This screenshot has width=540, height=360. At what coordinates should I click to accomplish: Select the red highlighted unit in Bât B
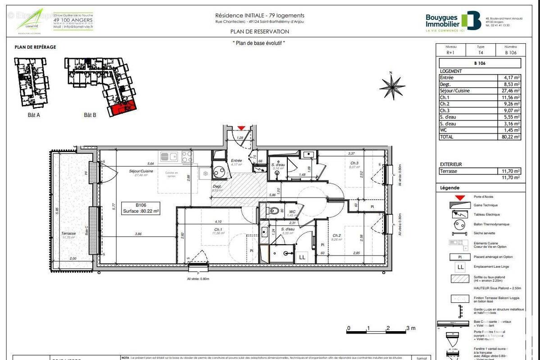tap(121, 108)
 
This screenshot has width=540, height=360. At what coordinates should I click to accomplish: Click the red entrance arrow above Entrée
tap(241, 128)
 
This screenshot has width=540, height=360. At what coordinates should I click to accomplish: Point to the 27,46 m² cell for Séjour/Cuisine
tap(509, 90)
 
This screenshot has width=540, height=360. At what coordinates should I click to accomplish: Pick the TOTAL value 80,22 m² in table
tap(509, 137)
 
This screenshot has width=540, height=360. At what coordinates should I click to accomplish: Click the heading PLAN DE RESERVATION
tap(259, 31)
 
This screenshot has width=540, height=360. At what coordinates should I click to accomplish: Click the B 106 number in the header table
tap(511, 53)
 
